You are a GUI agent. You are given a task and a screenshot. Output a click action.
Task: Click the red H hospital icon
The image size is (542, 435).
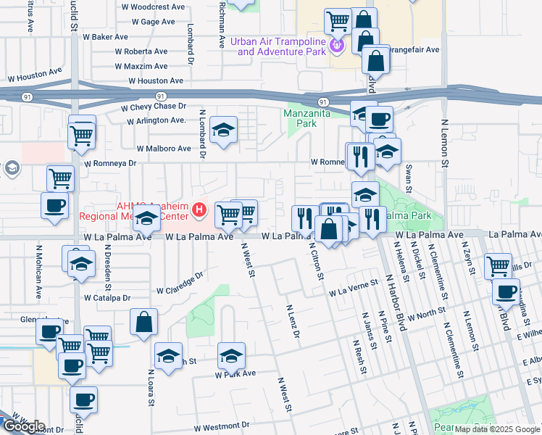[x=201, y=211]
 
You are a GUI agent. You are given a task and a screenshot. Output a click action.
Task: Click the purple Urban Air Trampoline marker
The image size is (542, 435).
[x=335, y=46]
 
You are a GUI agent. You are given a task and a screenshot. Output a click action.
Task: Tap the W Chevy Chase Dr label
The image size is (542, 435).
[x=157, y=107]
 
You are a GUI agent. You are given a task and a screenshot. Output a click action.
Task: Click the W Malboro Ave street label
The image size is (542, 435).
[x=158, y=149]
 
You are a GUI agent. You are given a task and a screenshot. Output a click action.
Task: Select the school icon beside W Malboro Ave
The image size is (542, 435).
[x=224, y=130]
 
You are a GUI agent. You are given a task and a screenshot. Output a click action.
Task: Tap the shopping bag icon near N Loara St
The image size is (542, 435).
[x=144, y=320]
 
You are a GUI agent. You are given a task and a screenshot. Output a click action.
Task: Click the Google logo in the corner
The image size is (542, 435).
[x=23, y=426]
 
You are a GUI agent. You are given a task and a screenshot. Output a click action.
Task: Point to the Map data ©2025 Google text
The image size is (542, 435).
[x=496, y=428]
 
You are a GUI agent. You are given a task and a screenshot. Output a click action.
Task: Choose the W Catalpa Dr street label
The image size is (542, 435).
[x=107, y=298]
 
